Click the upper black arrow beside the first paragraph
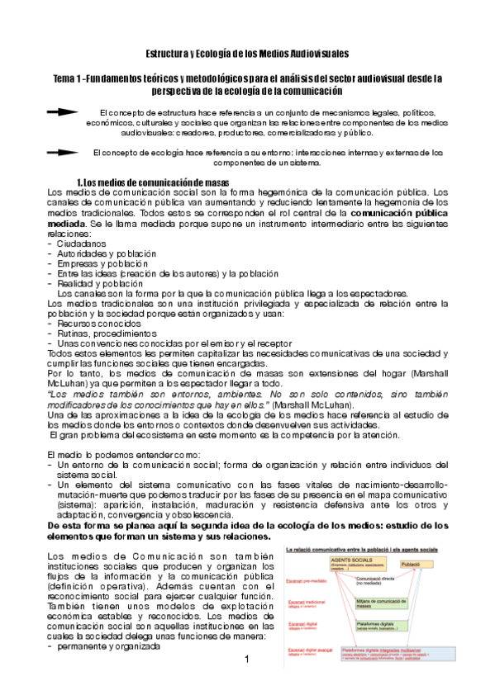click(x=64, y=111)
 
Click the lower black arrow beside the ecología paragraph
click(x=64, y=152)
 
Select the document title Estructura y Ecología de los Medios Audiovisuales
click(x=246, y=54)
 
